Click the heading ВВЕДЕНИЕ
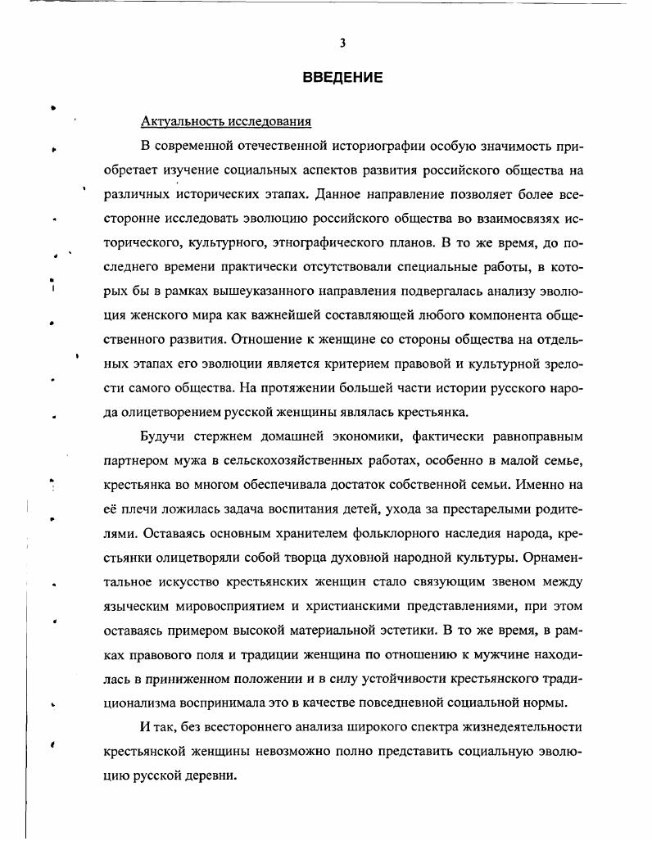click(x=342, y=79)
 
